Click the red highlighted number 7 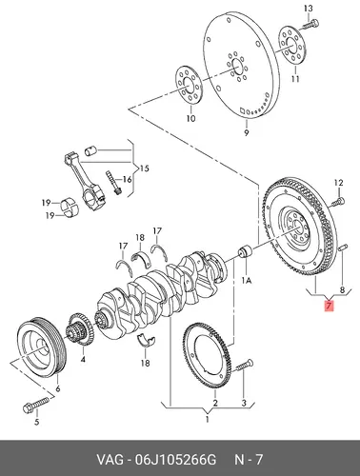coord(329,306)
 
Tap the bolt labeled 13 coord(310,25)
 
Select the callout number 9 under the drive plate coord(247,132)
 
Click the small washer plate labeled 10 coord(189,85)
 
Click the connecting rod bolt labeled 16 coord(113,184)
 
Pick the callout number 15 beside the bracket coord(144,169)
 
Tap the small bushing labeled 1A coord(245,252)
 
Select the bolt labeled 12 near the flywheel coord(338,202)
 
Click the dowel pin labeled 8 coord(343,248)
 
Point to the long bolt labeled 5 coord(36,404)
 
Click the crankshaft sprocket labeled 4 coord(79,329)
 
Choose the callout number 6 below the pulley coord(57,388)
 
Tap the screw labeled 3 coord(245,367)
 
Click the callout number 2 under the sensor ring coord(215,403)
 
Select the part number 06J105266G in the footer coord(176,459)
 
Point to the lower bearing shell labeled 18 coord(146,341)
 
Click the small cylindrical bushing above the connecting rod coord(90,150)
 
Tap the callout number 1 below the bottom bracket coord(207,420)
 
